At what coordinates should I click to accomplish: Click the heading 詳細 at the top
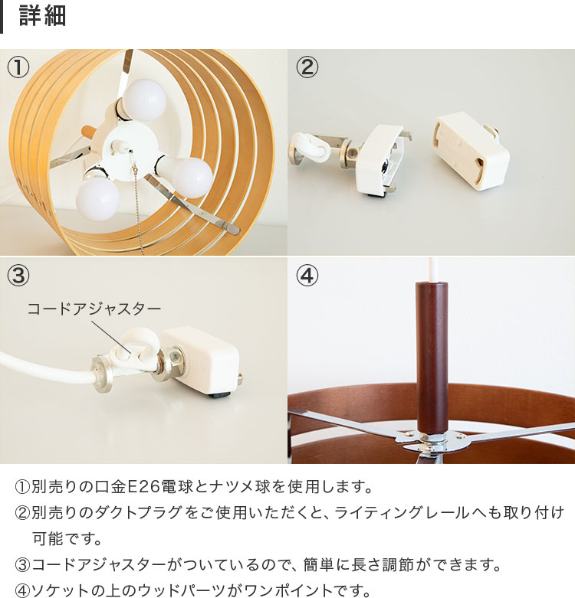click(x=42, y=16)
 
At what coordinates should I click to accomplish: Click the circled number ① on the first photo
click(x=18, y=67)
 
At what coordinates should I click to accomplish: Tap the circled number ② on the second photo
click(x=307, y=67)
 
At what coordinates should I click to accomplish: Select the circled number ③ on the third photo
click(x=18, y=275)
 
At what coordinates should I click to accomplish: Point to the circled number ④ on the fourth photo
click(x=307, y=275)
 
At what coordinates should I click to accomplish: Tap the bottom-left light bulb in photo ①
click(x=97, y=196)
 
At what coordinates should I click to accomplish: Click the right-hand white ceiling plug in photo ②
click(x=470, y=151)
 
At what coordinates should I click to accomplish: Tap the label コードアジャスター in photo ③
click(x=94, y=309)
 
